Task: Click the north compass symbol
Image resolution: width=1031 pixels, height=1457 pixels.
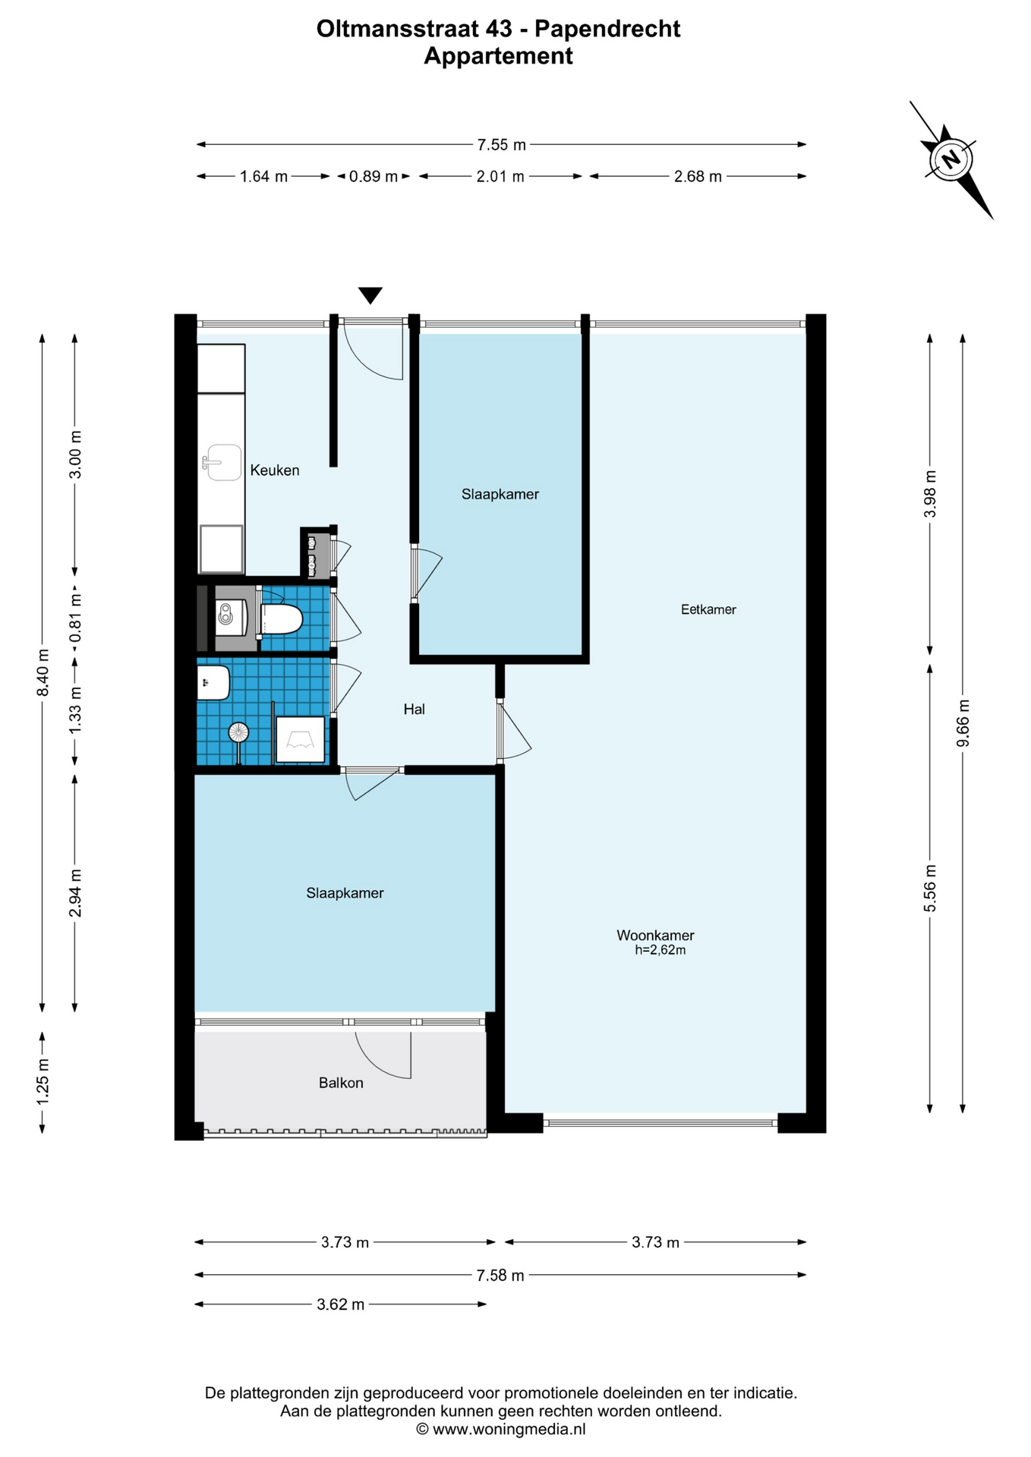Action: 951,159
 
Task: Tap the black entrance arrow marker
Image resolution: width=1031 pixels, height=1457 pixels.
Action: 370,295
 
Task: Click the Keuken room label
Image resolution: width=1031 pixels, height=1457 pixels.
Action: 275,470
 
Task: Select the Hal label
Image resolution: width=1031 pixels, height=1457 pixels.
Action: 414,710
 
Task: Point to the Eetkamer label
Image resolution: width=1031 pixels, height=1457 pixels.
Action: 708,609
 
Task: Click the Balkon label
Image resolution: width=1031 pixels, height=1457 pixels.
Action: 341,1083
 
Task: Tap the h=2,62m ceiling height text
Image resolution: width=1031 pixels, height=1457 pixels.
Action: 661,950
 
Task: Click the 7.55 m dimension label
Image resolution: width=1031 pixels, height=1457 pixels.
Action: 501,144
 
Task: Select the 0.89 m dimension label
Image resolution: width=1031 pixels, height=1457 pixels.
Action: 374,177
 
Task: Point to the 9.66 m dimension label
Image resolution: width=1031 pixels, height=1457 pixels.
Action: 963,722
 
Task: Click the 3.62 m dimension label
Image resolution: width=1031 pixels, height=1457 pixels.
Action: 340,1304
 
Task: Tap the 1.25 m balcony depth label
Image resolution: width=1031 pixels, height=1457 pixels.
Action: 43,1081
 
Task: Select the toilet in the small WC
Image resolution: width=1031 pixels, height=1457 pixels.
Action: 281,619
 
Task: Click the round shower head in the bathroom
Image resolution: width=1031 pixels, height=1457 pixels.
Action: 238,732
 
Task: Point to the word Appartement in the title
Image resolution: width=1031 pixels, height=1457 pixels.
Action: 498,56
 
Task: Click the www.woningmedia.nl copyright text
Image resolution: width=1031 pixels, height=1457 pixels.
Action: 501,1429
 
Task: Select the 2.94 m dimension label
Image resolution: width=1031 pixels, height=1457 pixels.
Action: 75,893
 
